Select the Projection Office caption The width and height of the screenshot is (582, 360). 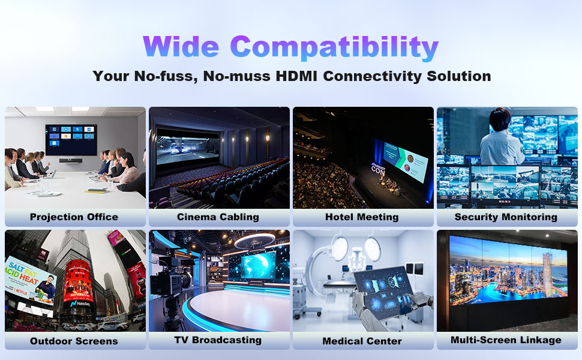pyautogui.click(x=74, y=217)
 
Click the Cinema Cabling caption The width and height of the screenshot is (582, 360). pyautogui.click(x=218, y=217)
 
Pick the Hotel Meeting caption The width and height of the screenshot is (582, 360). pyautogui.click(x=362, y=217)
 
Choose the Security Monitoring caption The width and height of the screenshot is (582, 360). pyautogui.click(x=506, y=217)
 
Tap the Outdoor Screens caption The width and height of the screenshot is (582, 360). pyautogui.click(x=74, y=341)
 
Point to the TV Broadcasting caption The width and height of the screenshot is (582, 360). pyautogui.click(x=218, y=340)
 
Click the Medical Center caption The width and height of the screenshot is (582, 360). pyautogui.click(x=362, y=341)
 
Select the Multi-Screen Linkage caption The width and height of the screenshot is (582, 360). pyautogui.click(x=506, y=340)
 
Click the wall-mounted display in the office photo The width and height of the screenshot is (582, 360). pyautogui.click(x=71, y=139)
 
